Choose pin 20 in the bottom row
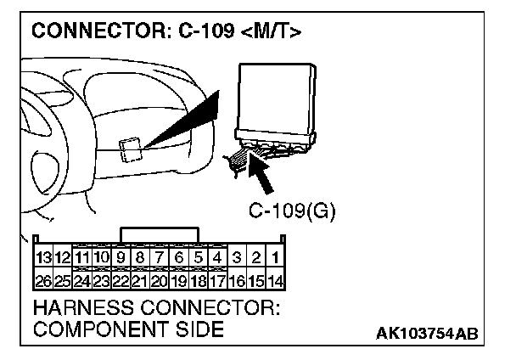coord(160,278)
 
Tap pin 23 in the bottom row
coord(101,278)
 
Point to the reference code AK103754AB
coord(427,332)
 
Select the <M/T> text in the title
coord(267,33)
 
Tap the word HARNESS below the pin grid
coord(76,307)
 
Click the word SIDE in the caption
coord(196,329)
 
